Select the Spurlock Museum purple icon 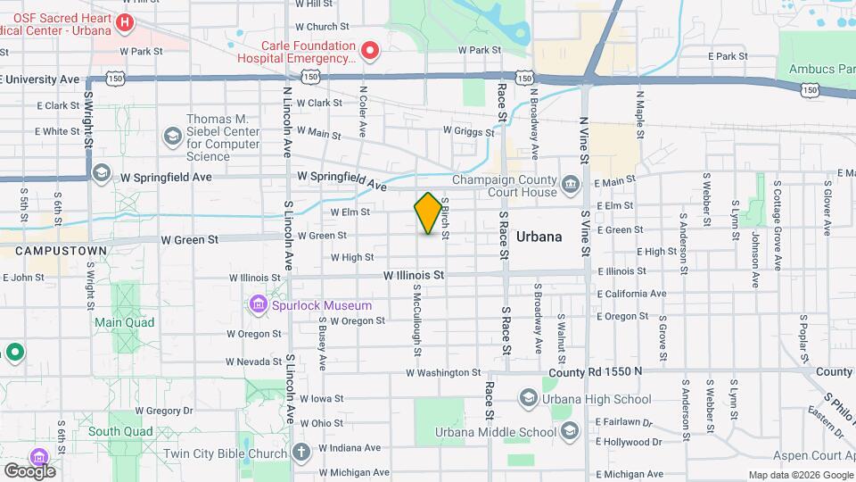pyautogui.click(x=259, y=305)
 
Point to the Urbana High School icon pyautogui.click(x=528, y=398)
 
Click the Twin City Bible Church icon pyautogui.click(x=301, y=451)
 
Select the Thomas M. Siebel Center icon pyautogui.click(x=171, y=137)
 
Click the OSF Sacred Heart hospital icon pyautogui.click(x=125, y=22)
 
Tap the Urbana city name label pyautogui.click(x=539, y=237)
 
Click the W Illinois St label pyautogui.click(x=415, y=276)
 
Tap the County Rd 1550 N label pyautogui.click(x=595, y=371)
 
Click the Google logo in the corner pyautogui.click(x=29, y=470)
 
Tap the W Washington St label pyautogui.click(x=444, y=372)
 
